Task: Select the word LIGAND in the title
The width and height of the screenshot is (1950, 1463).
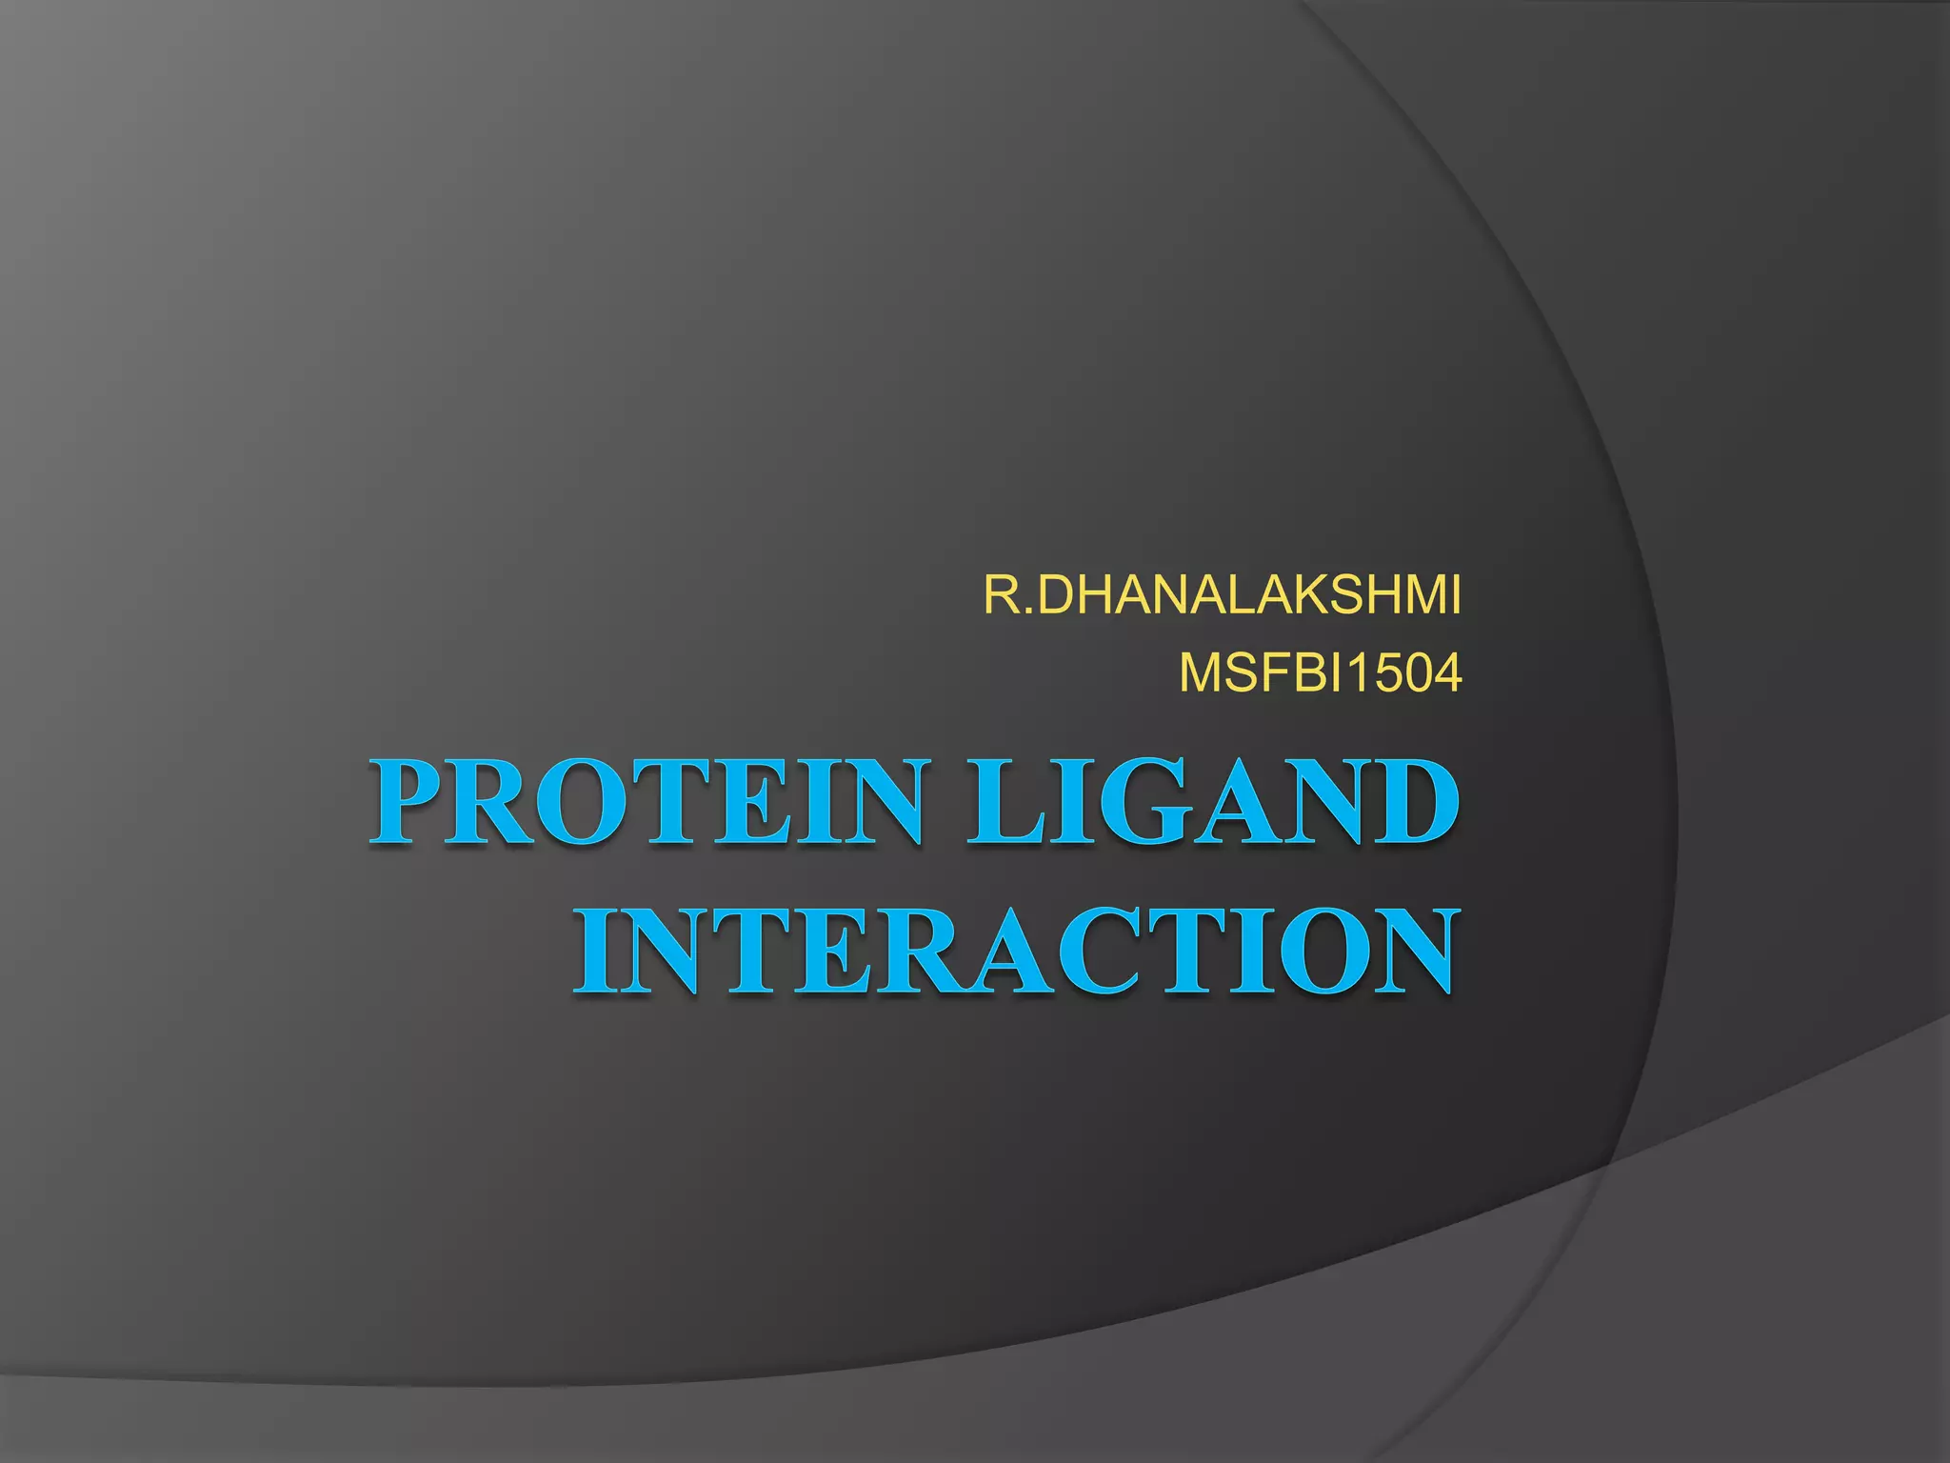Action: point(1211,803)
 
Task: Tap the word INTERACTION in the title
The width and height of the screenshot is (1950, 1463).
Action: point(1015,952)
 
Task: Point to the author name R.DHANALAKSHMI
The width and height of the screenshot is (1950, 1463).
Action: point(1222,596)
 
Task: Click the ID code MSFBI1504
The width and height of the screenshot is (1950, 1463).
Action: point(1320,674)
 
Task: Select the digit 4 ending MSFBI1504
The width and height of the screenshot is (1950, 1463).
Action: point(1443,674)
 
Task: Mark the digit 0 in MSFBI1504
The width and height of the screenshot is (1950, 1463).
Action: point(1408,674)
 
